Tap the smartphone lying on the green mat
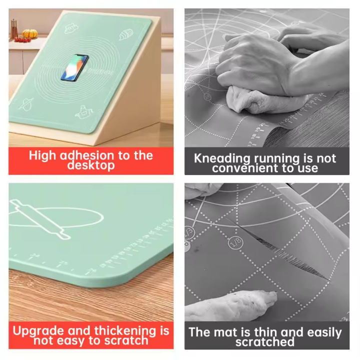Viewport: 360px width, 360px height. (74, 67)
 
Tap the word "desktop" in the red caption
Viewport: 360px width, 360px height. (91, 165)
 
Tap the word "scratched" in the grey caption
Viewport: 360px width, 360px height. (265, 342)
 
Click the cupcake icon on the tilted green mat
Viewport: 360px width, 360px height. (126, 35)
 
